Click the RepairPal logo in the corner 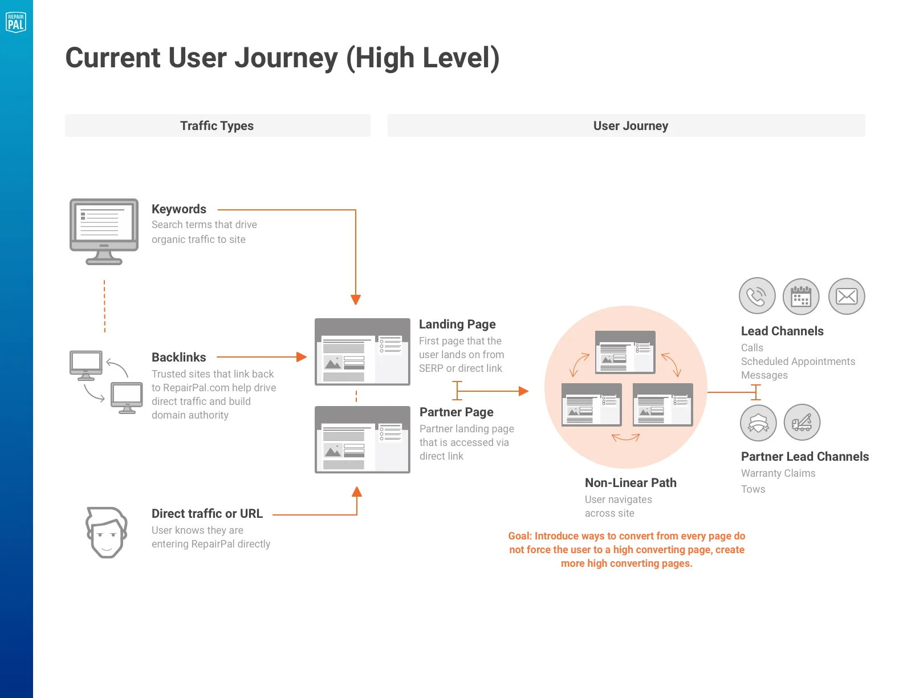[16, 22]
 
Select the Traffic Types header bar [217, 125]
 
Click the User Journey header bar [626, 125]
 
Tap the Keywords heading [179, 209]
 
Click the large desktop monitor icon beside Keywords [104, 230]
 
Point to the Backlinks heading [179, 358]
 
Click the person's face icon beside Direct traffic [107, 532]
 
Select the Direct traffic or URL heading [207, 514]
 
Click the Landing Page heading [457, 324]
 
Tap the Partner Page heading [457, 412]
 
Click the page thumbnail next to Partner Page [363, 440]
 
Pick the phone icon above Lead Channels [756, 296]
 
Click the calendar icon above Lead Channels [801, 297]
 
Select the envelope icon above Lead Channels [847, 297]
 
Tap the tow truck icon [802, 423]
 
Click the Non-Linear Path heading [631, 483]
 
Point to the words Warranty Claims [778, 473]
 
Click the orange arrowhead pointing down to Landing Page [356, 300]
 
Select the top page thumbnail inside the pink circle [625, 352]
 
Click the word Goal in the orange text [519, 536]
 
